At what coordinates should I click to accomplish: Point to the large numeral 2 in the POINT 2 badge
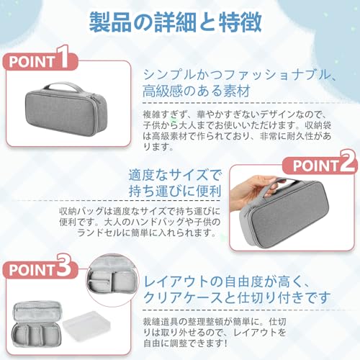(x=344, y=163)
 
